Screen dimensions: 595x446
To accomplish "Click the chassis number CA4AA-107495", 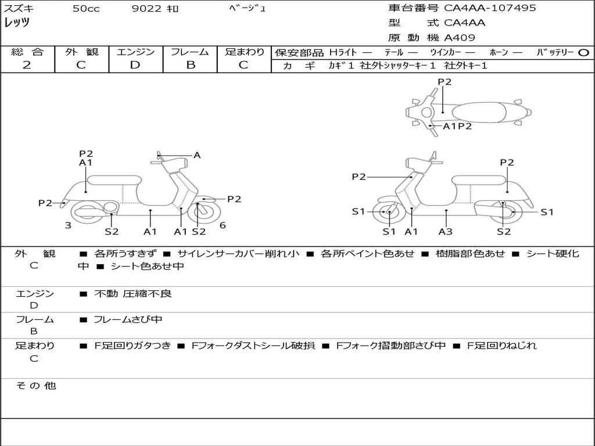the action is click(490, 8).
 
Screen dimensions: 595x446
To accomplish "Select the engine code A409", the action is click(460, 38).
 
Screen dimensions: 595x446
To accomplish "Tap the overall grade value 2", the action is click(27, 65).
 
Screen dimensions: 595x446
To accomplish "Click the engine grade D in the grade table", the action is click(135, 65).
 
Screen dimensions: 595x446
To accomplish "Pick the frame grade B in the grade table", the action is click(190, 65).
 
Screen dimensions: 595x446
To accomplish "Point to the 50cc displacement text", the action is click(86, 9).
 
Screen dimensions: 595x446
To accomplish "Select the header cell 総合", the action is click(27, 52).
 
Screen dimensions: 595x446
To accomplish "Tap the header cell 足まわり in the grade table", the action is click(244, 52).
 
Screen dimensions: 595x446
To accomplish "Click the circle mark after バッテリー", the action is click(583, 52).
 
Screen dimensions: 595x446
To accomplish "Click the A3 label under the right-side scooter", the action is click(446, 232).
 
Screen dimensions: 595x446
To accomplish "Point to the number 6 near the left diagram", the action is click(223, 225).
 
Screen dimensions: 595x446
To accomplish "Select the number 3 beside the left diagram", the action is click(68, 225).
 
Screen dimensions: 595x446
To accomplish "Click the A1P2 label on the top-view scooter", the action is click(457, 126).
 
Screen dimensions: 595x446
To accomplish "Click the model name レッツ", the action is click(17, 23).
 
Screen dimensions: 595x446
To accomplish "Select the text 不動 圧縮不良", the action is click(133, 294).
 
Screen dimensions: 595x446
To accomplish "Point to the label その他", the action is click(35, 386).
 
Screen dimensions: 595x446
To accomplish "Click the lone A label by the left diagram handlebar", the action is click(197, 155).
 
